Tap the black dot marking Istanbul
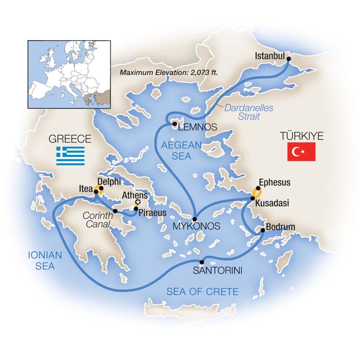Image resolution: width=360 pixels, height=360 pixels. coord(289,60)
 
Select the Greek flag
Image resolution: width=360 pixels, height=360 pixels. coord(70,156)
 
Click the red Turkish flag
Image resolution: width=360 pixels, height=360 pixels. coord(301,153)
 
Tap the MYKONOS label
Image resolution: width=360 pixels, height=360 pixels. coord(197,226)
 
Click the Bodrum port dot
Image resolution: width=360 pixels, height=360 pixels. coord(263,231)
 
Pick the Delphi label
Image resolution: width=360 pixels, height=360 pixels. coord(109,182)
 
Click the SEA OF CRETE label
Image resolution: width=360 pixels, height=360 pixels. coord(202,292)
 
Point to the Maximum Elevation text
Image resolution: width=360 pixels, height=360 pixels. coord(169,73)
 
